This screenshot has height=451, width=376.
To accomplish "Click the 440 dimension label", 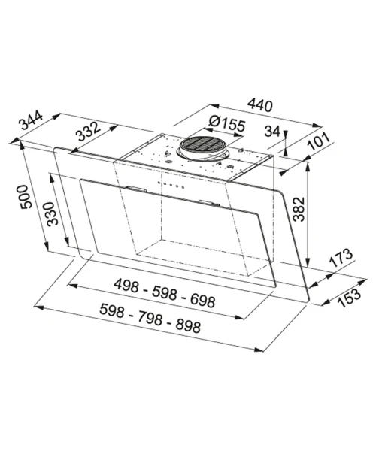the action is pos(259,105).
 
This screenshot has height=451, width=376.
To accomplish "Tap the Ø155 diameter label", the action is pos(227,124).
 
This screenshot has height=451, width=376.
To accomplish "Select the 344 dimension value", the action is pos(31,120).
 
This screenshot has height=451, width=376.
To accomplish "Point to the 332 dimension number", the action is pos(89,131).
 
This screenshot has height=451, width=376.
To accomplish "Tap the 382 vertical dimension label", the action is pos(299,209).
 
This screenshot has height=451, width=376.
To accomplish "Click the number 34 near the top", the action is pos(272,132).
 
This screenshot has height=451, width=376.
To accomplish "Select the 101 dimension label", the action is pos(319,141).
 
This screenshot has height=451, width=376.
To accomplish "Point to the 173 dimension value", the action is pos(341,257).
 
